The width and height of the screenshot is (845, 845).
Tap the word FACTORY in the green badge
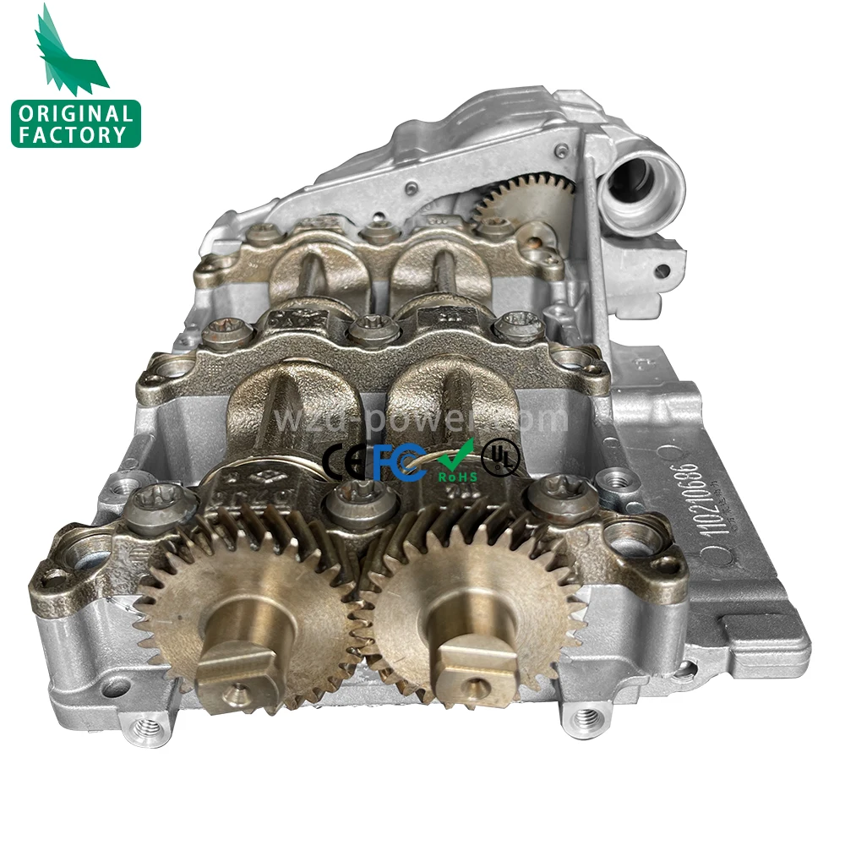click(x=75, y=134)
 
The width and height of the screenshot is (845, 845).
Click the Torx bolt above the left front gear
click(x=157, y=504)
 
